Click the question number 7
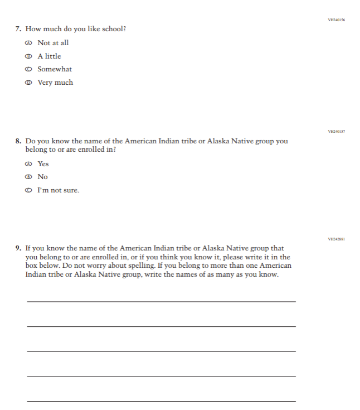18,29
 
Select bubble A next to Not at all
28,43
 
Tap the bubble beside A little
28,56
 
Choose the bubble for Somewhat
28,70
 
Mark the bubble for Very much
28,83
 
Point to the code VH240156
337,20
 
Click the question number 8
18,141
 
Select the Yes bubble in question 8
28,164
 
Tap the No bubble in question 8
28,177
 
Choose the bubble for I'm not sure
28,191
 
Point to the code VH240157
337,132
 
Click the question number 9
18,248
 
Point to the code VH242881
337,239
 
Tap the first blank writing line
161,301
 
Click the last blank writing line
161,401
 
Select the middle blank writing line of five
161,351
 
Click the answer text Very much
55,83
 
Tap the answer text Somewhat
55,70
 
